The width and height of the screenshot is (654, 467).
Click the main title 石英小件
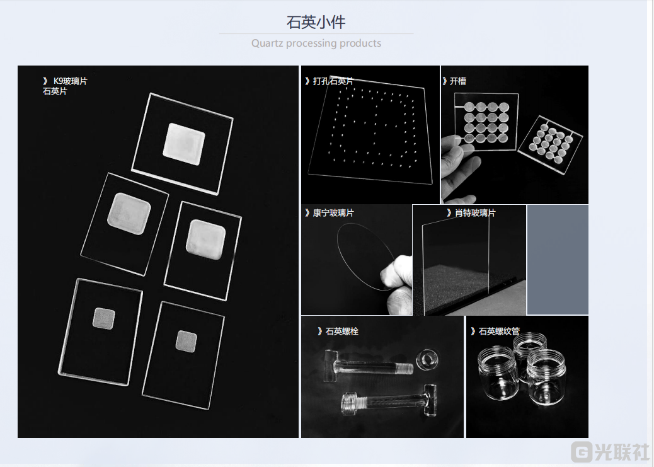coord(316,22)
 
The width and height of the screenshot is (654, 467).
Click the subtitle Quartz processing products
coord(316,43)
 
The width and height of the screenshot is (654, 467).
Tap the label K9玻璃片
coord(71,81)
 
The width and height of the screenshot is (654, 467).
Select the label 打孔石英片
coord(333,81)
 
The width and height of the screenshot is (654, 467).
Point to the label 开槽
coord(458,81)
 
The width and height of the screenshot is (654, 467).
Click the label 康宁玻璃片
coord(333,213)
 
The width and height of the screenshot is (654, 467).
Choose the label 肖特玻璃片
coord(475,213)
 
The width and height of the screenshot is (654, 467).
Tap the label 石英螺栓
coord(342,331)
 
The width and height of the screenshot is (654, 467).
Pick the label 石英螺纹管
coord(499,331)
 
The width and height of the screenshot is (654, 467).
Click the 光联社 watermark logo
coord(611,451)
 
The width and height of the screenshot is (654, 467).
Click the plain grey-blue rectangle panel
coord(558,260)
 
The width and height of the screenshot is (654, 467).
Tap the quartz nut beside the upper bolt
coord(427,359)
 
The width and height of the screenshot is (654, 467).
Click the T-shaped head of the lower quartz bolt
coord(430,400)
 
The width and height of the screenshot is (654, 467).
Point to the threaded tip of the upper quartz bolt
coord(404,368)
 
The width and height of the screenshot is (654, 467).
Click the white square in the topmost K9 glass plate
coord(184,144)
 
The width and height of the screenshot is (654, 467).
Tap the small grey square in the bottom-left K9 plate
coord(104,318)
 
